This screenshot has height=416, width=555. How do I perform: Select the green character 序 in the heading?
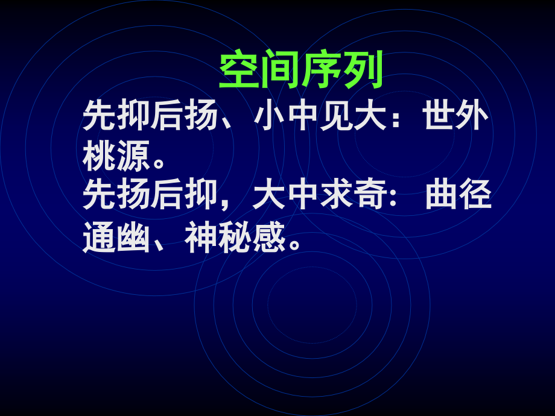pyautogui.click(x=322, y=69)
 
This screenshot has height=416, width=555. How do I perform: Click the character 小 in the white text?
pyautogui.click(x=269, y=115)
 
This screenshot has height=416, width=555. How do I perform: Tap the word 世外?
pyautogui.click(x=456, y=115)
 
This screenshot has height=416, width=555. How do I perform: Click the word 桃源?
pyautogui.click(x=116, y=156)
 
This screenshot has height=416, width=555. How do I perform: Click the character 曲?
pyautogui.click(x=440, y=194)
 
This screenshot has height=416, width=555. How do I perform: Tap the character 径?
pyautogui.click(x=475, y=194)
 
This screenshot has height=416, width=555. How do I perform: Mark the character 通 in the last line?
pyautogui.click(x=99, y=236)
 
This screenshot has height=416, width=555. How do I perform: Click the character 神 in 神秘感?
pyautogui.click(x=201, y=236)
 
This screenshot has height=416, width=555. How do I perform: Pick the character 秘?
pyautogui.click(x=235, y=236)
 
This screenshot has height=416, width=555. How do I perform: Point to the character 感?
pyautogui.click(x=269, y=236)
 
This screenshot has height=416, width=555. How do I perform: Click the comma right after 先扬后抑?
pyautogui.click(x=224, y=204)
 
